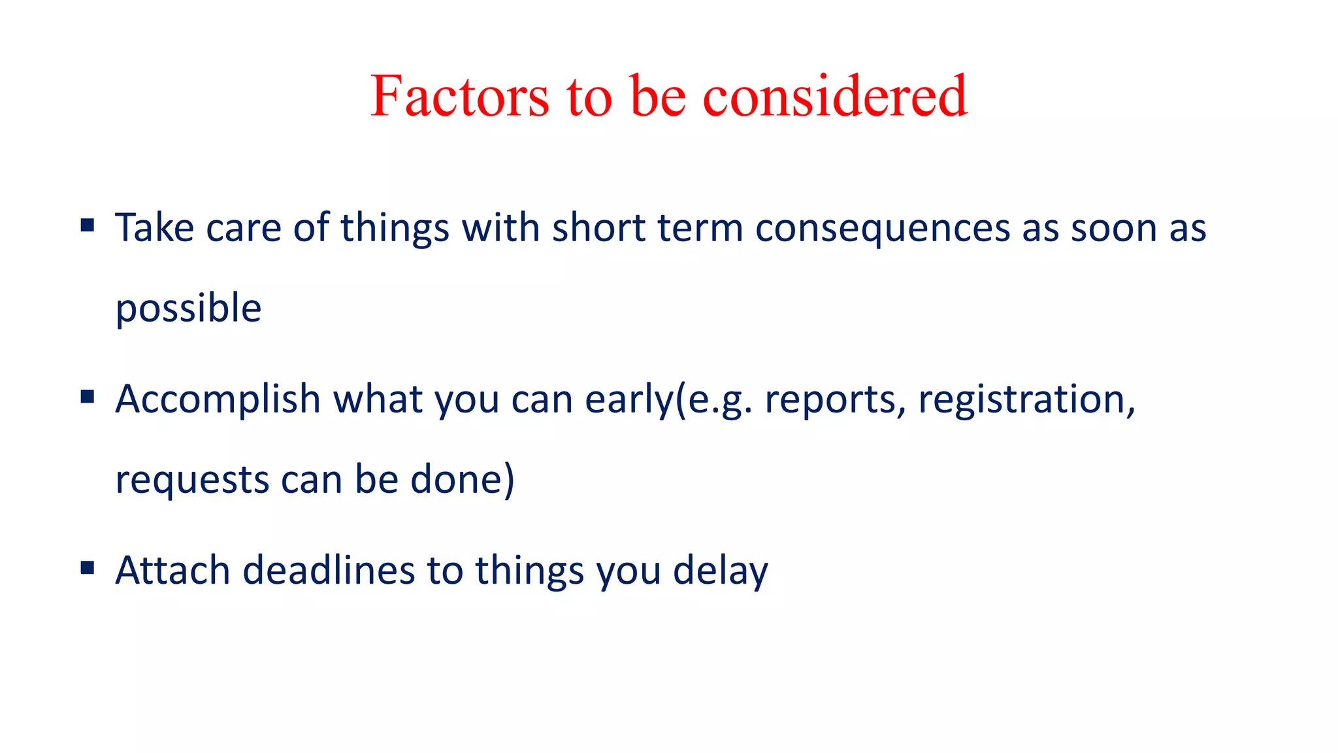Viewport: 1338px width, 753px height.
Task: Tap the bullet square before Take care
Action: point(88,226)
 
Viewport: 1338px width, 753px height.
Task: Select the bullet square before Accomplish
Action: point(88,397)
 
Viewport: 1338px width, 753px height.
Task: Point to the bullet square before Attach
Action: point(88,567)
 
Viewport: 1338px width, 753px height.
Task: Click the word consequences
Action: point(882,229)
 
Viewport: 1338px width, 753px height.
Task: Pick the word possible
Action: point(188,309)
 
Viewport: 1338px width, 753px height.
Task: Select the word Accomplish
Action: point(218,400)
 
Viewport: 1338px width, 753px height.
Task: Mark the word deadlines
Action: point(329,570)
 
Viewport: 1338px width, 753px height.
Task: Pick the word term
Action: point(700,228)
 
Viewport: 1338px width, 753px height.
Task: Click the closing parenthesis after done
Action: point(510,480)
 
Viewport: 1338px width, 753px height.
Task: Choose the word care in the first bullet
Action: point(244,229)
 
